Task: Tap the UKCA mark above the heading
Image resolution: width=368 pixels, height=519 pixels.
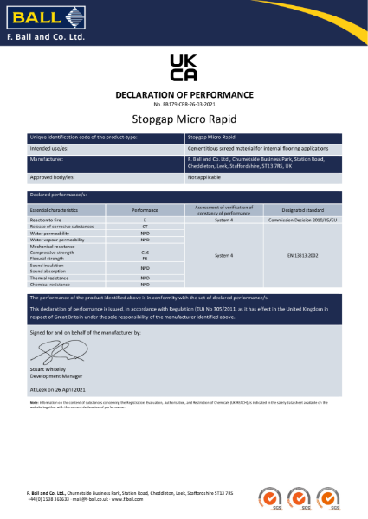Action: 184,67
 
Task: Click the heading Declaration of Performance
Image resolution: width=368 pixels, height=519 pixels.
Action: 184,94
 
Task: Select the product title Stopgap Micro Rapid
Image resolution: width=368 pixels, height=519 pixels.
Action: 184,121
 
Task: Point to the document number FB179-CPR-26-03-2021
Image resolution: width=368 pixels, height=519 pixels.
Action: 184,104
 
